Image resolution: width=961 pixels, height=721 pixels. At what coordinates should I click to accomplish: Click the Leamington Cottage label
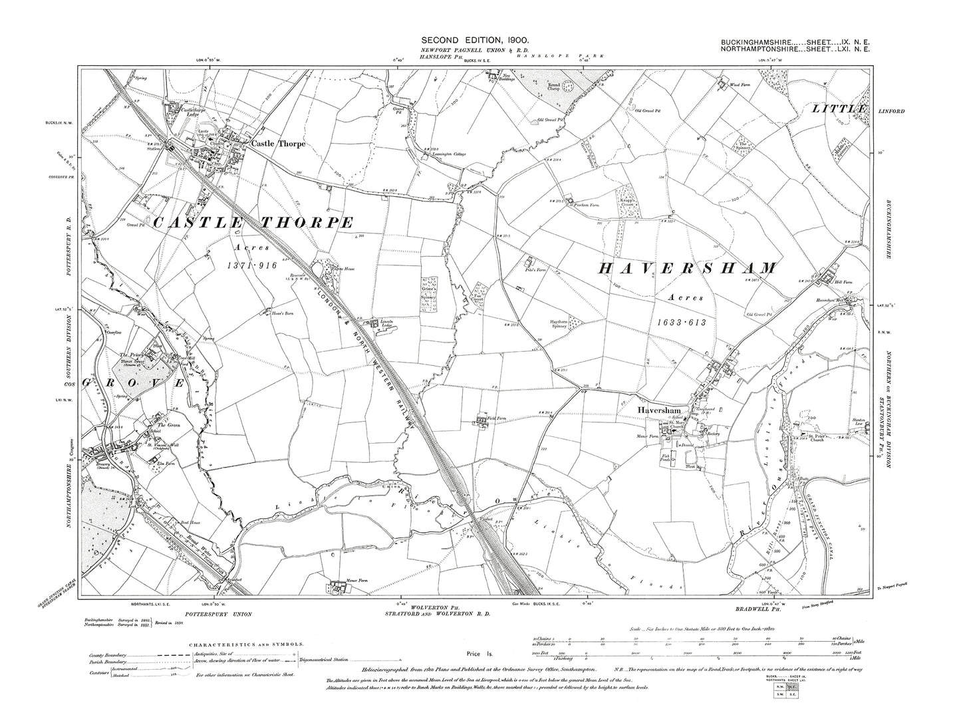tap(450, 155)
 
